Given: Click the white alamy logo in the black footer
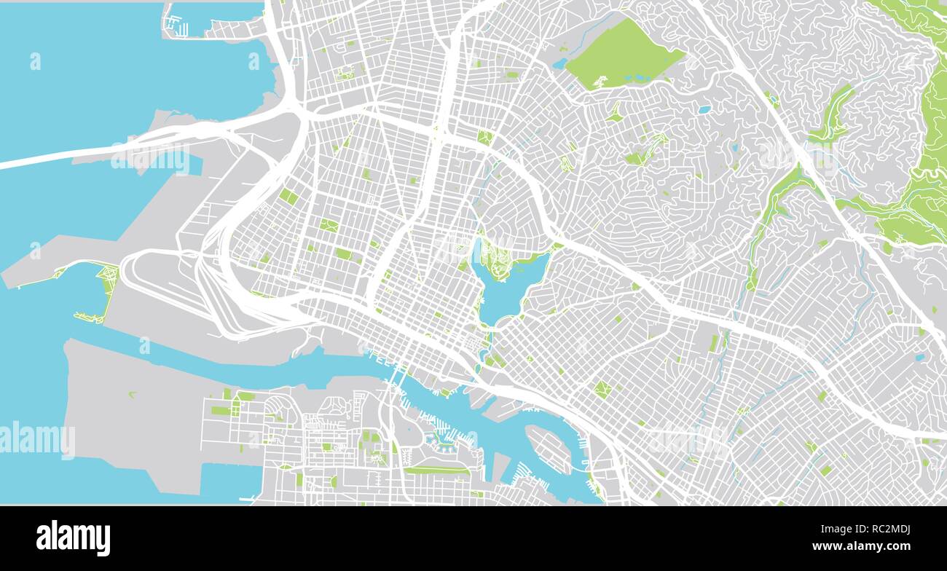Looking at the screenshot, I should [x=73, y=538].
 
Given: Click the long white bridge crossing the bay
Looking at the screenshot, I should [x=109, y=150].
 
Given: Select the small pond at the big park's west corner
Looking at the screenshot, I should [x=559, y=64].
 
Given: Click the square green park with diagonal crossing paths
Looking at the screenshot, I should [x=602, y=390].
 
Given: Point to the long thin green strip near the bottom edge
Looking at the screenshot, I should [x=437, y=470].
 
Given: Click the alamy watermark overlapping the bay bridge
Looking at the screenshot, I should [x=155, y=160].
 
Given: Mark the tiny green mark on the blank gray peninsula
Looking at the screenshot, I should [x=133, y=394].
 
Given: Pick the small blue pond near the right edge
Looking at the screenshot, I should [x=919, y=358].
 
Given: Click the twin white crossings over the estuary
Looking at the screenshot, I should [x=396, y=376].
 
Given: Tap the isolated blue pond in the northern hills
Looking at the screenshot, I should [x=703, y=110].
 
